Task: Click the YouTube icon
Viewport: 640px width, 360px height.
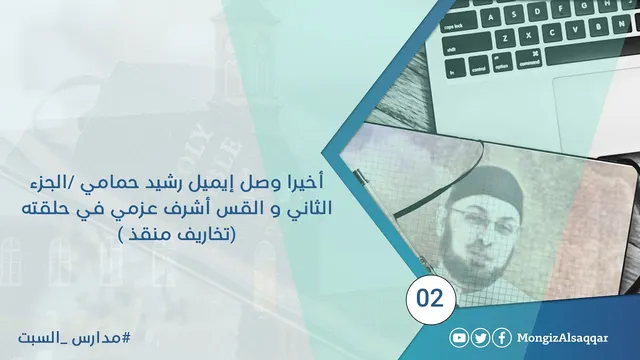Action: pyautogui.click(x=459, y=338)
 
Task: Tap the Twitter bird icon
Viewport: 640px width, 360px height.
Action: pyautogui.click(x=481, y=338)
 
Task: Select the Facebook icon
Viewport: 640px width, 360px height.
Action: pyautogui.click(x=502, y=338)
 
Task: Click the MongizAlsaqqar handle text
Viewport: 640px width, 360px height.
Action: pyautogui.click(x=562, y=338)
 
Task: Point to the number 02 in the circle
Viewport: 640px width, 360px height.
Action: pyautogui.click(x=430, y=298)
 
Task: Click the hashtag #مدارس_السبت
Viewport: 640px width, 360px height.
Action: pyautogui.click(x=74, y=338)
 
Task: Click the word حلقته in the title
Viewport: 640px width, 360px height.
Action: pyautogui.click(x=44, y=208)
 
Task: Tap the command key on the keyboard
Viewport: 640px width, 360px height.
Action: pyautogui.click(x=529, y=60)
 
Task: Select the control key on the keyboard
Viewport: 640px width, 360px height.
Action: pyautogui.click(x=478, y=66)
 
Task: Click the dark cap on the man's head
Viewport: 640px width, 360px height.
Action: pyautogui.click(x=484, y=187)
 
